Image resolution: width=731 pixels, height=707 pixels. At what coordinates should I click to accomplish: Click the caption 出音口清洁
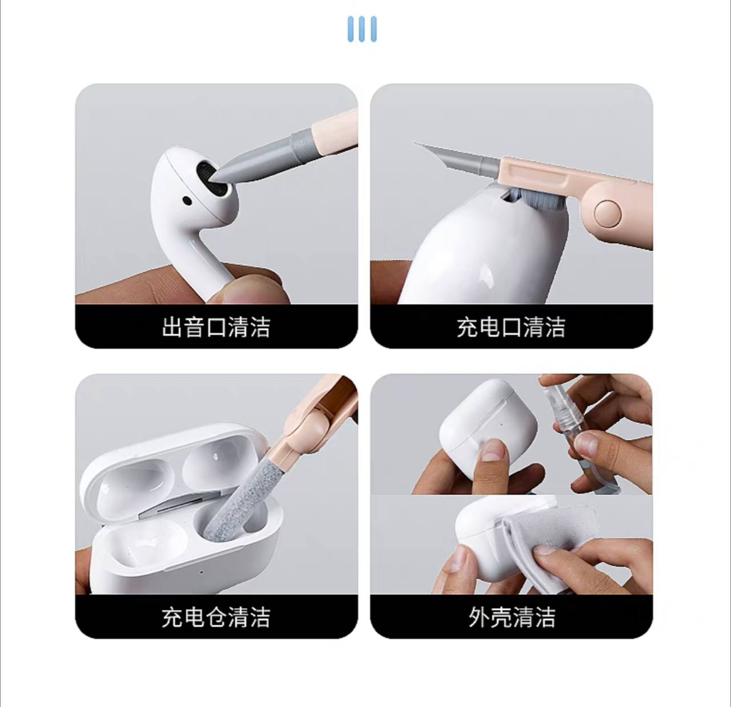click(216, 327)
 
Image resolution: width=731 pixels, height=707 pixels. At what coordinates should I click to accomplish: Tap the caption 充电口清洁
click(511, 327)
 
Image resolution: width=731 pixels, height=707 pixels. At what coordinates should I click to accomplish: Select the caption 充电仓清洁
click(216, 617)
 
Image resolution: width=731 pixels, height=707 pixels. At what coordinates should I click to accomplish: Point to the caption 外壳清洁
click(512, 617)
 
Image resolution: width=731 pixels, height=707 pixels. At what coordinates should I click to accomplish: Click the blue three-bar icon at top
click(362, 29)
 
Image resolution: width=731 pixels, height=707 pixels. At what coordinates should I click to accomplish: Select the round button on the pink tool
click(608, 213)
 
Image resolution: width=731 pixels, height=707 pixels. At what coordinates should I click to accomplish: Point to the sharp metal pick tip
click(415, 143)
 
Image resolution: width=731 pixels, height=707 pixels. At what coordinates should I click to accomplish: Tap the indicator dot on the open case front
click(202, 572)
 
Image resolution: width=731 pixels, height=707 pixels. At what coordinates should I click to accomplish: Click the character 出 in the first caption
click(172, 327)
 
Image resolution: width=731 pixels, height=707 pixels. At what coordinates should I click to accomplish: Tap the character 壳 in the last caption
click(501, 617)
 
